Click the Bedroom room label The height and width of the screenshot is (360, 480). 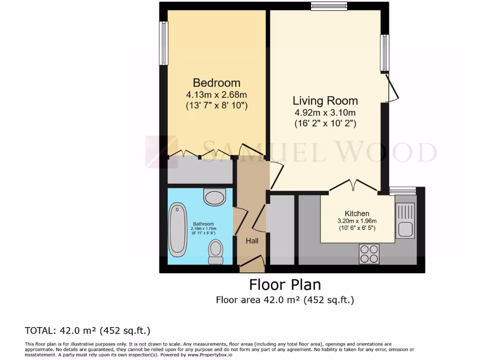coord(217,83)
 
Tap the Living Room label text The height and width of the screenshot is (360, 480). coord(325,101)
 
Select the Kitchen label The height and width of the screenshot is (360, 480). coord(357,213)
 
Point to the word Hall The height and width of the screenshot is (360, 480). coord(252,241)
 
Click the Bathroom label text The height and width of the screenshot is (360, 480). coord(203,224)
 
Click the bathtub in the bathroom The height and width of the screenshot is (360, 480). coord(178,230)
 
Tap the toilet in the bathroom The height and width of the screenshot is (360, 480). coord(216,252)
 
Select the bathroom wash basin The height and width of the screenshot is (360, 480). coord(215,197)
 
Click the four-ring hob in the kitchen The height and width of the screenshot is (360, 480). coord(369,254)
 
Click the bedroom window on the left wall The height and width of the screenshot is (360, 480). coord(164,43)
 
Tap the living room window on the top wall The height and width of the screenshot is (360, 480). coord(329,6)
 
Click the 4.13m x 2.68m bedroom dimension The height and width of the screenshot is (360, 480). coord(217,95)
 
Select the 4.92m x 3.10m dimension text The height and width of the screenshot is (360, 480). coord(325,112)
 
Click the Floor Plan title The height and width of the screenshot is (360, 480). coord(285,285)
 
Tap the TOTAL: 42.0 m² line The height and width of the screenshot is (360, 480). coord(88,330)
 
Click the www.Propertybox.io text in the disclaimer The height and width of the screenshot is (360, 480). coord(210,355)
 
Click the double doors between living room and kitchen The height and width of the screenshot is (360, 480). coord(353,186)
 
